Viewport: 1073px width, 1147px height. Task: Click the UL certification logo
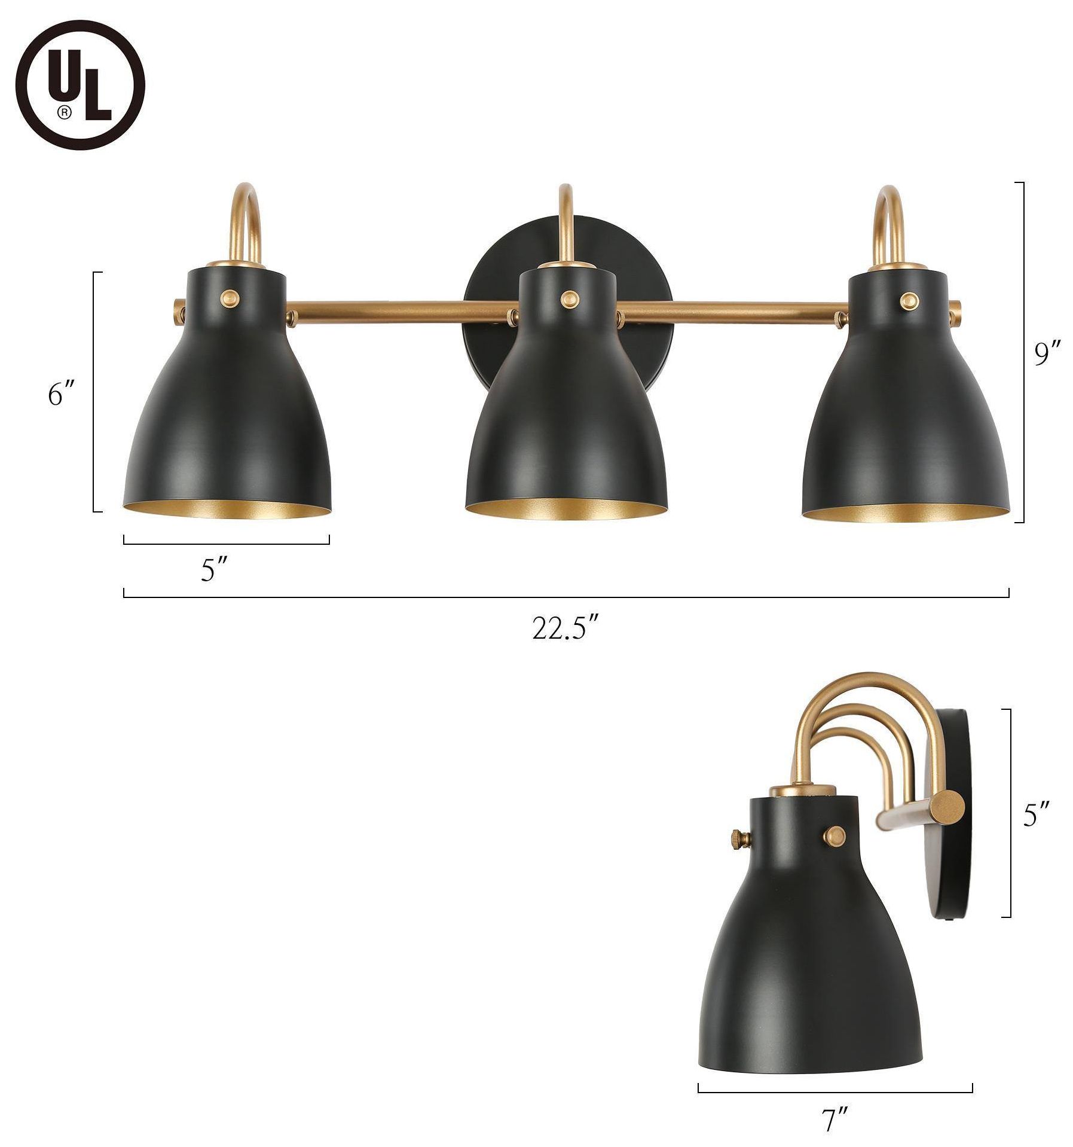point(80,86)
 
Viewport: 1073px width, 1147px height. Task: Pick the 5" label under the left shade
point(215,572)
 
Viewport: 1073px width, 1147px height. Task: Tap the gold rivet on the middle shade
point(567,296)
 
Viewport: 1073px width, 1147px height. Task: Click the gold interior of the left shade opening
point(227,512)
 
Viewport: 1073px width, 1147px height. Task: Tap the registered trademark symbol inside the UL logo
point(63,111)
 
